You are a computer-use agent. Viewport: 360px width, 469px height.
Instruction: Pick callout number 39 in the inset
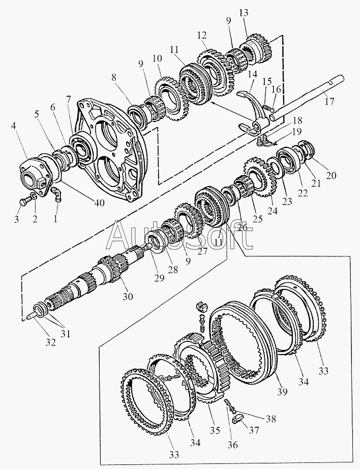pos(283,391)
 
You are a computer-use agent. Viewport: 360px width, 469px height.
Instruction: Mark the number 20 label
pos(332,176)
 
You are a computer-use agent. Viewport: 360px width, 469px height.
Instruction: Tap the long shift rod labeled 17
pos(305,104)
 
